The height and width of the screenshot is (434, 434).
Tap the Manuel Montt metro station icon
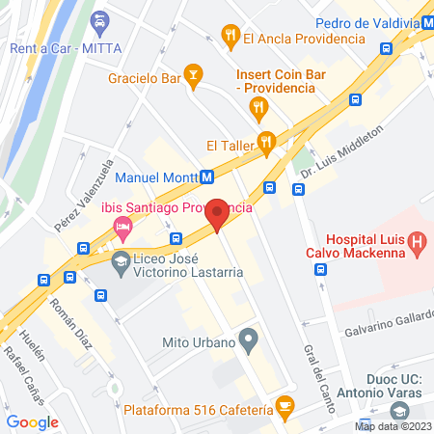(206, 177)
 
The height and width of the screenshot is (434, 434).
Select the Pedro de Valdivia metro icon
(424, 23)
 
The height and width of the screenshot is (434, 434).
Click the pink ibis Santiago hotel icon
(122, 229)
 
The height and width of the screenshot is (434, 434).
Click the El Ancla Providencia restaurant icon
(230, 38)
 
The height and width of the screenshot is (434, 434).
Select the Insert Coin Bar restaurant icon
(258, 107)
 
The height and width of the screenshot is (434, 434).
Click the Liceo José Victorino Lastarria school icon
(121, 260)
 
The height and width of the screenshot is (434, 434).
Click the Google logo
(33, 421)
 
